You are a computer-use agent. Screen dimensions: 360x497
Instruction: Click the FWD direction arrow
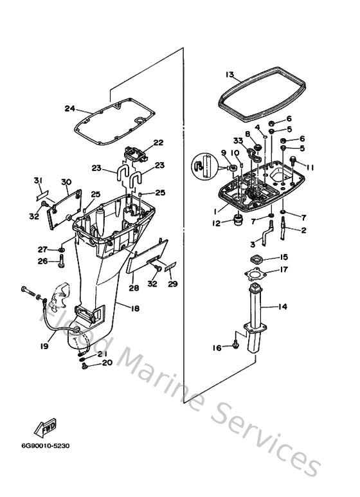pos(45,428)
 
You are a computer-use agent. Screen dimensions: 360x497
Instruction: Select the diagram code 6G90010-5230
pos(45,446)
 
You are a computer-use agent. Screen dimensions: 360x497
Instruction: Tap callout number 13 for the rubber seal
pos(230,75)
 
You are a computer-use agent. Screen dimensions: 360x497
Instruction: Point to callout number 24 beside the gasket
pos(69,109)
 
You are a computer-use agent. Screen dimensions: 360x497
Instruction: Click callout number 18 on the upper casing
pos(135,308)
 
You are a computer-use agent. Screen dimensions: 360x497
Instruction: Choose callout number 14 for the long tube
pos(283,307)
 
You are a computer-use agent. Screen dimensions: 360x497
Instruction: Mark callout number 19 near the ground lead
pos(44,346)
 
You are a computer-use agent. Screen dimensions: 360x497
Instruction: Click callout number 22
pos(158,143)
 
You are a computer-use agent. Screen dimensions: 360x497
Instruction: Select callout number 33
pos(238,140)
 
